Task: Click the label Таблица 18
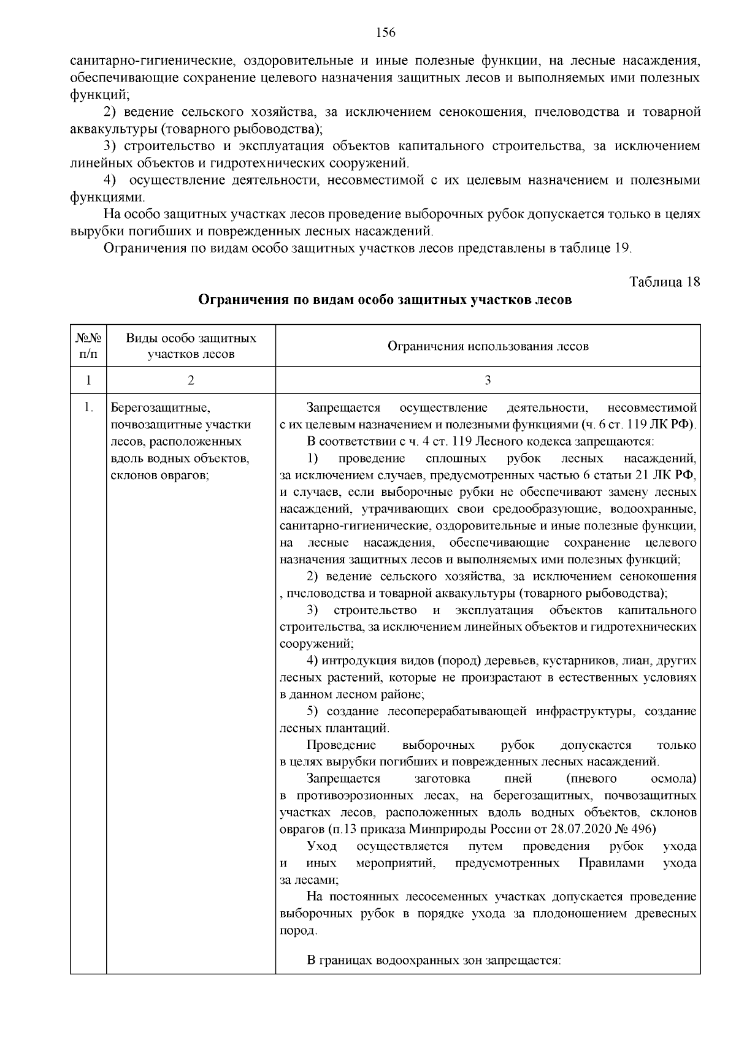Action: (x=664, y=282)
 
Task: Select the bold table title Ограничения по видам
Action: (x=385, y=300)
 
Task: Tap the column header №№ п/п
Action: (x=88, y=346)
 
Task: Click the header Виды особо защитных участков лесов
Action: (x=191, y=346)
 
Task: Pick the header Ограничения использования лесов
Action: (x=488, y=346)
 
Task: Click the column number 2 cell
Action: (x=191, y=380)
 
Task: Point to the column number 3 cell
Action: (x=488, y=380)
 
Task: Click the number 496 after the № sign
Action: (x=644, y=829)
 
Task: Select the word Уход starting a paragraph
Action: (x=321, y=846)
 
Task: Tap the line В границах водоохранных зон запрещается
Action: (x=434, y=960)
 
